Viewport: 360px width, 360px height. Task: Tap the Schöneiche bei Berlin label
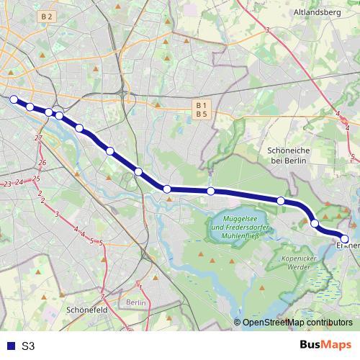tap(287, 156)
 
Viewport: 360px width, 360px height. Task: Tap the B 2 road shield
tap(48, 16)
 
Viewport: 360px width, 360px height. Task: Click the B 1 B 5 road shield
tap(201, 109)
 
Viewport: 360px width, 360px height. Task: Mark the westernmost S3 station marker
tap(13, 99)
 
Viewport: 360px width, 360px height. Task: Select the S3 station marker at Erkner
tap(344, 238)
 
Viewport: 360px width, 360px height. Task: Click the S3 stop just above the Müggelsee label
tap(211, 191)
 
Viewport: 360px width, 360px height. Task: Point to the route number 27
tap(38, 138)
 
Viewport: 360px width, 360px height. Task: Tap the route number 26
tap(42, 163)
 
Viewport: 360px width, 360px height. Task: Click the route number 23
tap(6, 185)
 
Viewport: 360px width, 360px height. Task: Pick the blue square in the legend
tap(7, 346)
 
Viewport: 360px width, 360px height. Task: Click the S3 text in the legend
tap(28, 346)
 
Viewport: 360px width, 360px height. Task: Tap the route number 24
tap(19, 182)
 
